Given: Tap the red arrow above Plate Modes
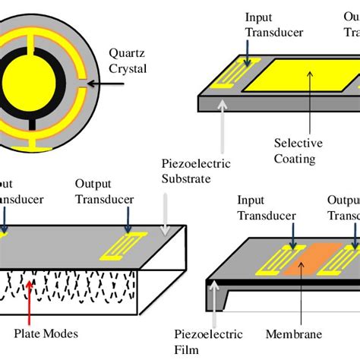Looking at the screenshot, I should click(30, 303).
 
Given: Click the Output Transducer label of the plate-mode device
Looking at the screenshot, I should click(105, 191).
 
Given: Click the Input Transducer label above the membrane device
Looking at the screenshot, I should click(261, 207).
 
